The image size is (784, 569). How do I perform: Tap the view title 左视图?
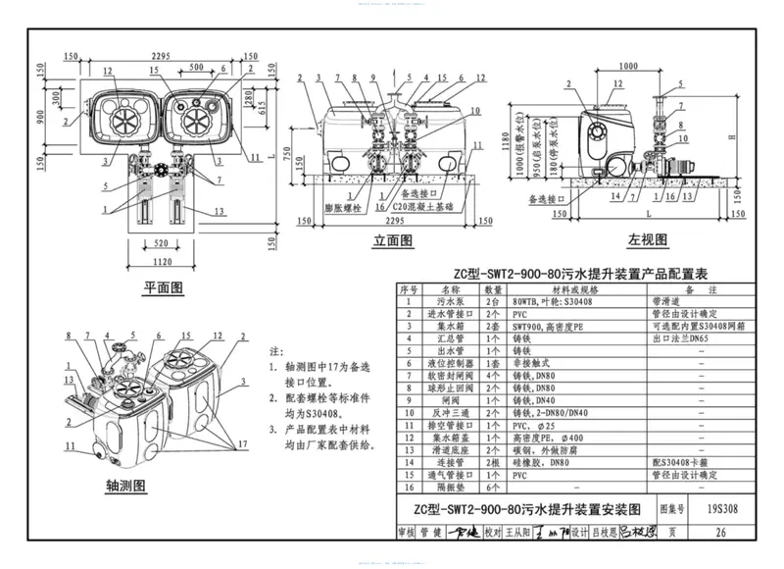[649, 240]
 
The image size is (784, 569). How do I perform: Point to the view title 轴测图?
[125, 487]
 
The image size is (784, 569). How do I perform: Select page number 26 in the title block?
[721, 533]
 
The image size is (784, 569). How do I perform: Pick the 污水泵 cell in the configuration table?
[450, 303]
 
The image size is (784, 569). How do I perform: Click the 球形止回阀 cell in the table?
[450, 387]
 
